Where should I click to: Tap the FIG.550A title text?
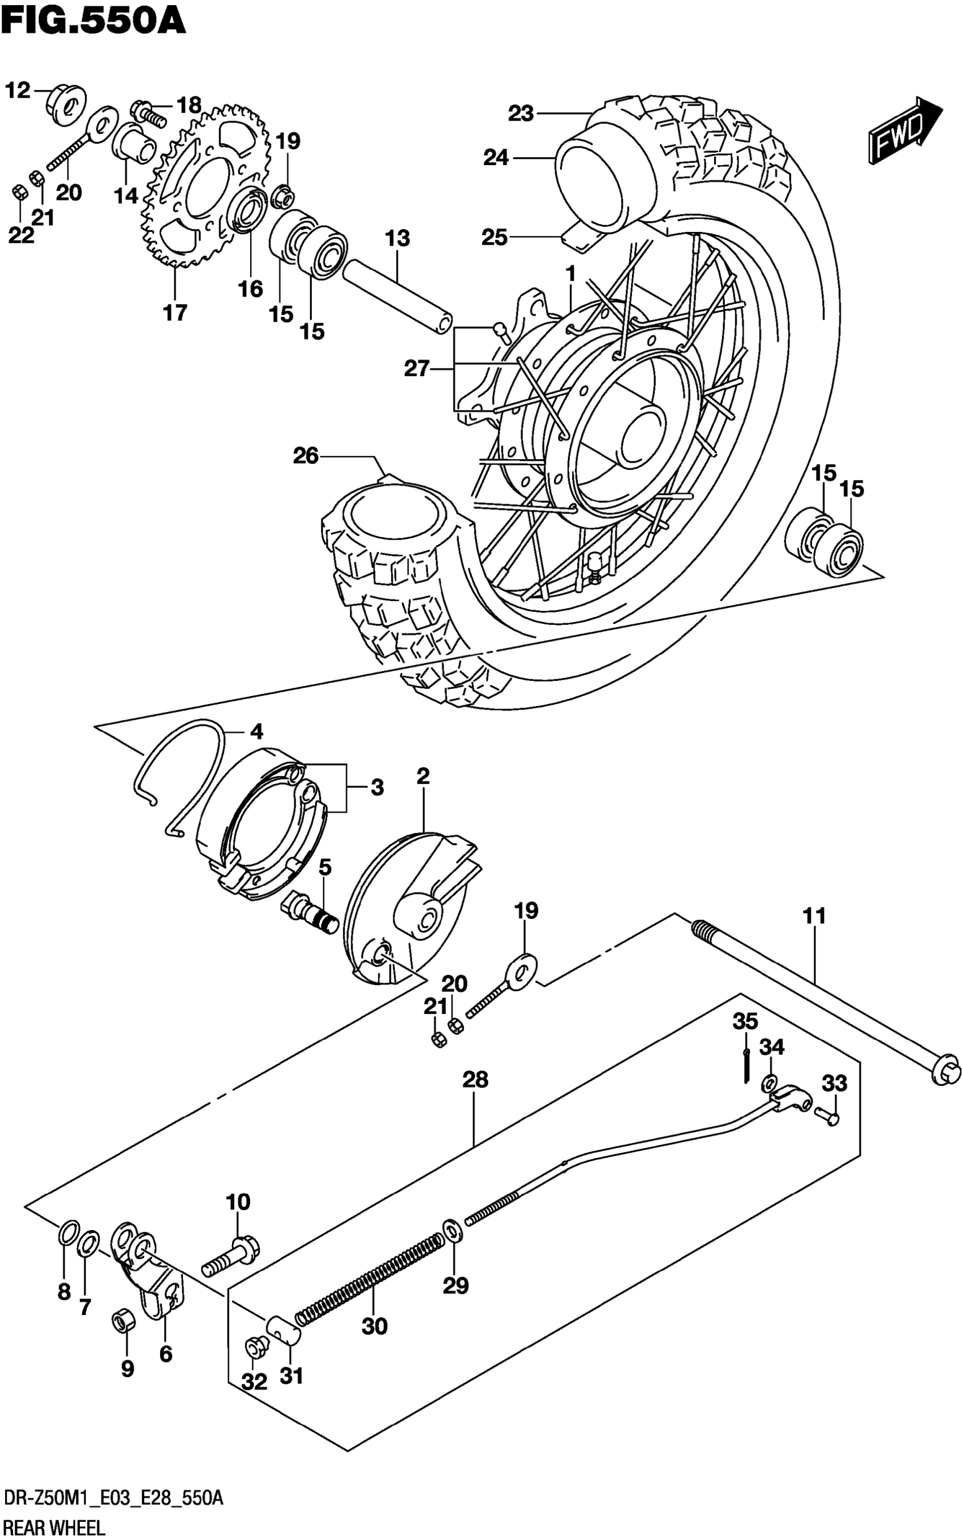[x=93, y=20]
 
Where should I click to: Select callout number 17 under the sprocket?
[x=175, y=313]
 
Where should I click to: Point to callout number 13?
[x=398, y=239]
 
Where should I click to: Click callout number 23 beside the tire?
[x=521, y=114]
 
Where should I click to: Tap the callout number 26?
[x=306, y=456]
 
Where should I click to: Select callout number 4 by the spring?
[x=256, y=732]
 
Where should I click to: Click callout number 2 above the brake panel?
[x=423, y=776]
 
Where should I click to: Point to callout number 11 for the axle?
[x=814, y=916]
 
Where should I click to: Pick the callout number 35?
[x=745, y=1022]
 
